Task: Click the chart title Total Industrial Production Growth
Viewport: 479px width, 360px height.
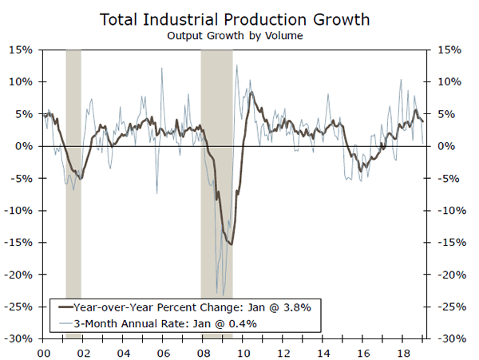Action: [x=239, y=18]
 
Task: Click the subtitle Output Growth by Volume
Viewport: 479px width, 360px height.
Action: [x=239, y=35]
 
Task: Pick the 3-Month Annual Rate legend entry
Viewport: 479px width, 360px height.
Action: [x=188, y=323]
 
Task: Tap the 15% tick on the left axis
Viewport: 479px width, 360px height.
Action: [x=22, y=49]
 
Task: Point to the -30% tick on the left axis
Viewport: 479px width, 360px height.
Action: [x=19, y=338]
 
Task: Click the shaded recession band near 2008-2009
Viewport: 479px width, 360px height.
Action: [x=216, y=96]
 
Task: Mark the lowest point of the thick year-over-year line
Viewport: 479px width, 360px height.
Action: [x=231, y=244]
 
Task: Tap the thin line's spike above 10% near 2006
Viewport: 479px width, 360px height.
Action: [x=162, y=68]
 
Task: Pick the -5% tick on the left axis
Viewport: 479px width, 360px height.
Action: [x=22, y=178]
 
